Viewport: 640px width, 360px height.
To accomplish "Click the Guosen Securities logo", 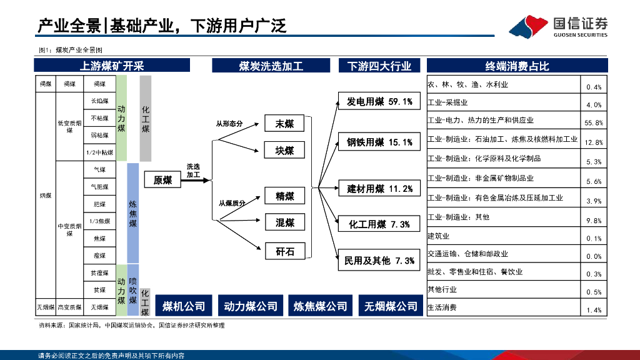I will [557, 27].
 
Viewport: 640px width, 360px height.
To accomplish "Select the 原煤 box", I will [162, 180].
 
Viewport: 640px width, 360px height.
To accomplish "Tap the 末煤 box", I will [284, 124].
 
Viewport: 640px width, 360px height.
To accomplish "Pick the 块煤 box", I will [284, 151].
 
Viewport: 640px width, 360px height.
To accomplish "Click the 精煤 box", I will [284, 196].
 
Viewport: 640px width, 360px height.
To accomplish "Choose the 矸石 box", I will [284, 252].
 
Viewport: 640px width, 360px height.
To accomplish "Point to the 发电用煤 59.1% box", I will [379, 102].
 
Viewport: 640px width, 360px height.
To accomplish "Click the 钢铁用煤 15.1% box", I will [379, 142].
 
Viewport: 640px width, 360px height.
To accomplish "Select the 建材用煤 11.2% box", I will [379, 189].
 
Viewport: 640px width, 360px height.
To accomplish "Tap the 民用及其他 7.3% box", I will [379, 261].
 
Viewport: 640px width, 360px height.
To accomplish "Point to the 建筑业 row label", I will [439, 236].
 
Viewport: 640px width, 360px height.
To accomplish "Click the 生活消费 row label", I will [442, 307].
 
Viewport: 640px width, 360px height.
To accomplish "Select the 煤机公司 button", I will [184, 306].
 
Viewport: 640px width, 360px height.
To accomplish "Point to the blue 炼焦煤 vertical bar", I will [133, 212].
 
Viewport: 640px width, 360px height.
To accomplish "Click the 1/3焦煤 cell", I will [99, 221].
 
